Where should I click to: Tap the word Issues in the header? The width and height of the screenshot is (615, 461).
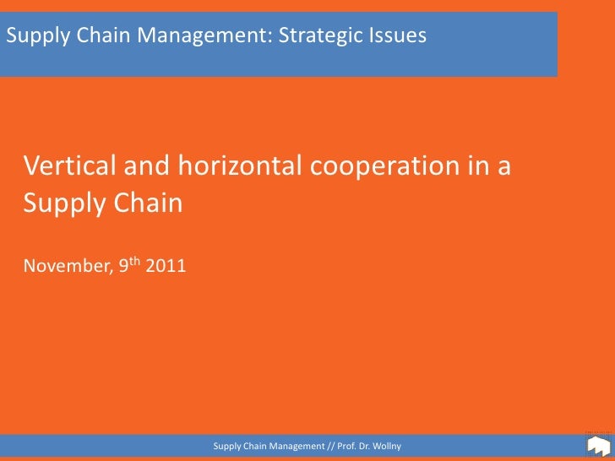(x=398, y=35)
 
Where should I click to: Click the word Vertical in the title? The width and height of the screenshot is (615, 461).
(x=69, y=166)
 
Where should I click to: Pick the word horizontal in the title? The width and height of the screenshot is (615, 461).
(x=239, y=166)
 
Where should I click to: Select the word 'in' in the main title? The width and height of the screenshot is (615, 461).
(x=477, y=166)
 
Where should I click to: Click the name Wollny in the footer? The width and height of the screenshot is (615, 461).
(x=384, y=445)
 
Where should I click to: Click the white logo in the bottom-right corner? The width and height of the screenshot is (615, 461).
(x=598, y=444)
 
